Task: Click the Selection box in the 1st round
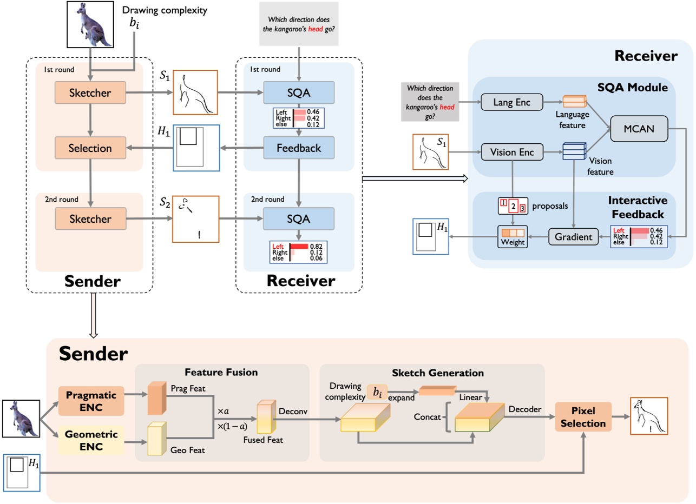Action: click(90, 148)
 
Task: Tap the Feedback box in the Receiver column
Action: click(299, 148)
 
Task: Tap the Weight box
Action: click(513, 237)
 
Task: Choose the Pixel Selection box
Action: click(583, 416)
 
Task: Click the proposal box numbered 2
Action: click(513, 207)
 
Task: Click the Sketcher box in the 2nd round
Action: click(90, 219)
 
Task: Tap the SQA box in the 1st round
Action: click(299, 92)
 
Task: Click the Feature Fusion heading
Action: click(221, 372)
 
